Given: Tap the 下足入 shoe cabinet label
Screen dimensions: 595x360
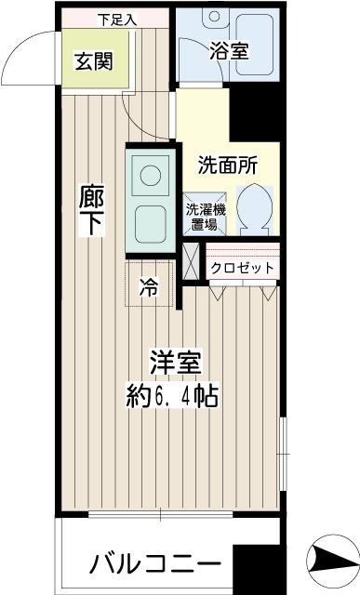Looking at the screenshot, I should [115, 19].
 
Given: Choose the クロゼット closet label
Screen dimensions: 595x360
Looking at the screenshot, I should [242, 268].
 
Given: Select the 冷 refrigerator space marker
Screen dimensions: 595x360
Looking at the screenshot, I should [148, 286].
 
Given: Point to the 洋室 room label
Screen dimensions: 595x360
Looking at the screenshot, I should [174, 363].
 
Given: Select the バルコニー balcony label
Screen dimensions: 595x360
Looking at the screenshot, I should [155, 563].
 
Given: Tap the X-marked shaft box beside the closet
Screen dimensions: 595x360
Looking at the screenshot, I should [192, 260].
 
